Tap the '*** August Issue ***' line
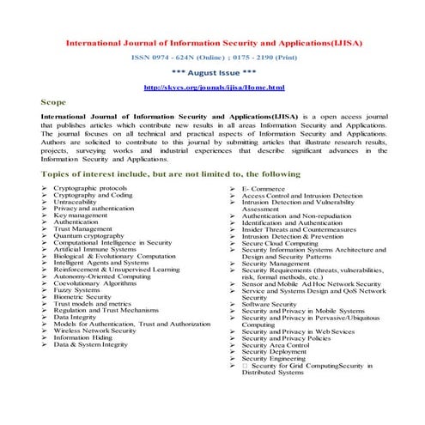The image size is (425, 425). pos(213,73)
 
